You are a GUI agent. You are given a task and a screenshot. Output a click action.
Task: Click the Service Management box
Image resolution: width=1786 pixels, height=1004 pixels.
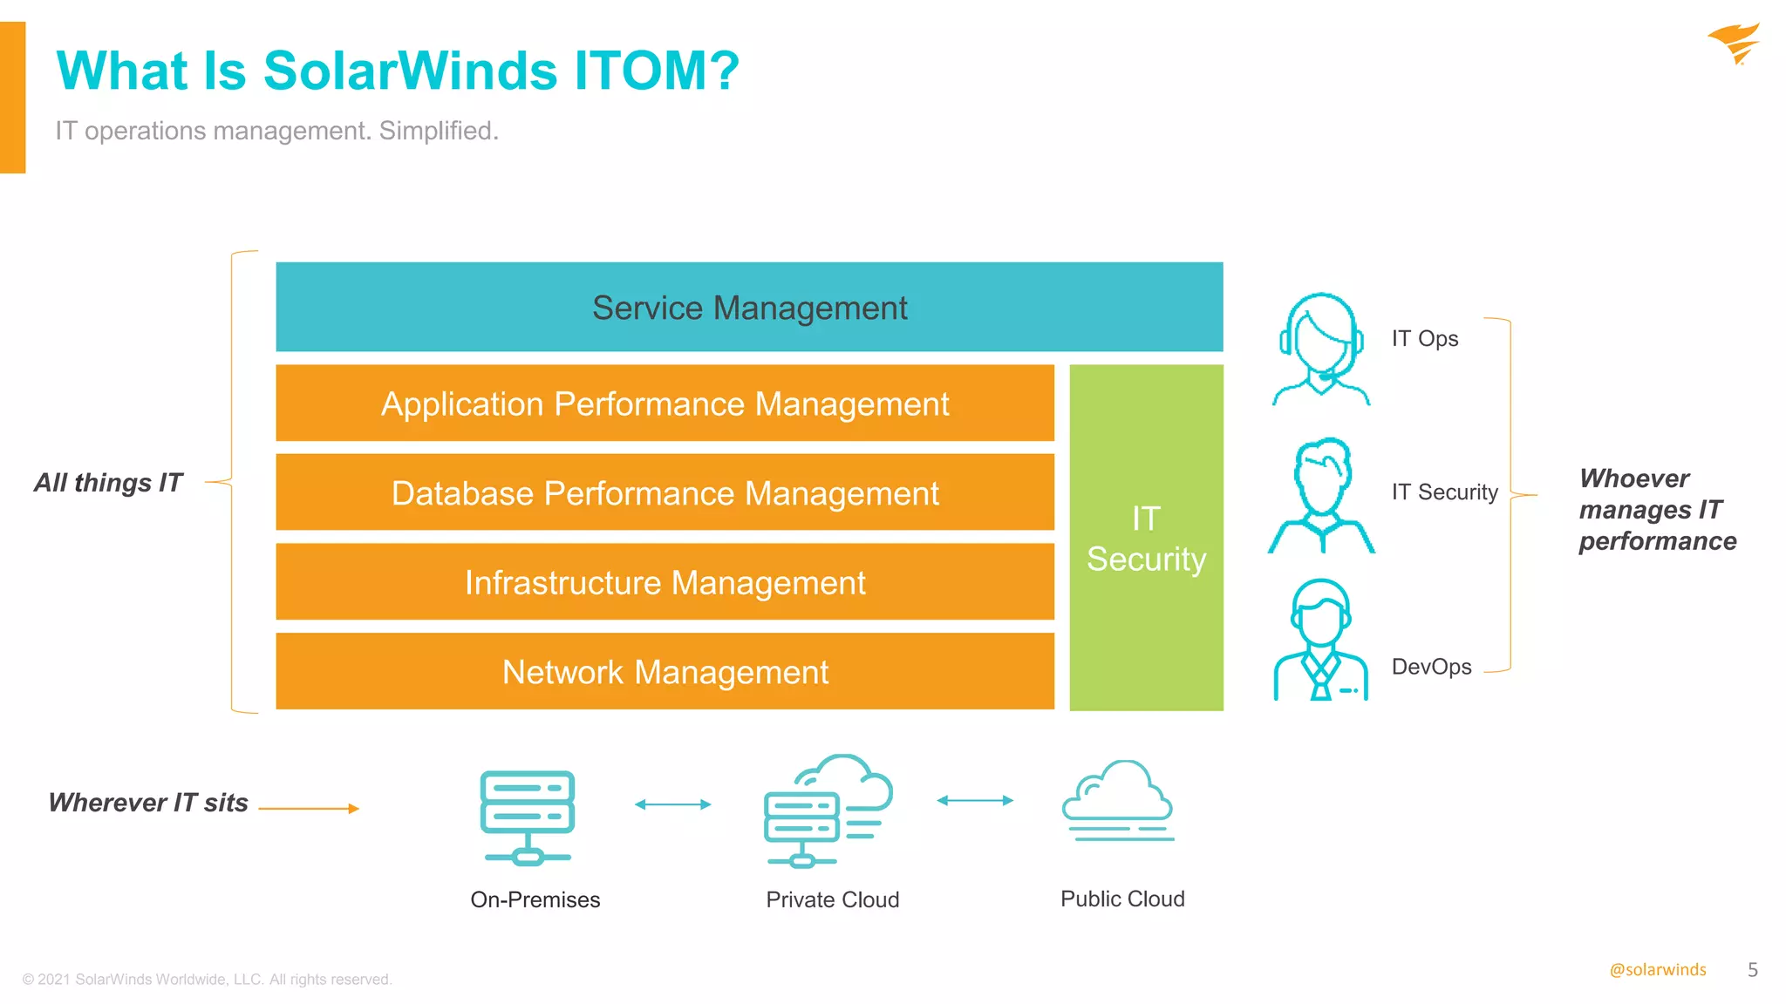pos(749,307)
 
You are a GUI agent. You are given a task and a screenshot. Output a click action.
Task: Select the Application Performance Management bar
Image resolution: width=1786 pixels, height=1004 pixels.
pos(665,404)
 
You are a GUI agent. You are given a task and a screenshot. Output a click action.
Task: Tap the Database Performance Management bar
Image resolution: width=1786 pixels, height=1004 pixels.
pos(665,492)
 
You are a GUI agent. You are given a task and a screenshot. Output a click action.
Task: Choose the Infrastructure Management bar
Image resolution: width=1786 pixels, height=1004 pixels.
pos(665,582)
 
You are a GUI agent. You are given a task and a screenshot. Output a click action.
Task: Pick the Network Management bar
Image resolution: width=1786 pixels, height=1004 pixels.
pos(665,672)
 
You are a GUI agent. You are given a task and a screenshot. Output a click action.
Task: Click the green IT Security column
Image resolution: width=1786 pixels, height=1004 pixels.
pos(1146,538)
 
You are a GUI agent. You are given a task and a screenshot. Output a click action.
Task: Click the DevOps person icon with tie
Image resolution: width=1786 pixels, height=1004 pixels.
pos(1320,640)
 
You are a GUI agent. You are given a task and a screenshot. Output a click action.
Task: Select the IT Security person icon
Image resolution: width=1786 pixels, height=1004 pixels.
pos(1321,495)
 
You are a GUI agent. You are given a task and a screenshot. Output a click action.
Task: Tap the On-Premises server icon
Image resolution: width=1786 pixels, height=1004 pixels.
pos(528,817)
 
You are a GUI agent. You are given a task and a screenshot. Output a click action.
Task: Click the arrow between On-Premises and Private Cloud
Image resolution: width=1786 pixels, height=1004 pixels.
pos(672,804)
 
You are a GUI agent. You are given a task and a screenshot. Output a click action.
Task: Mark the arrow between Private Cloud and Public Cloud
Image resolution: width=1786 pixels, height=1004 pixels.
pos(974,800)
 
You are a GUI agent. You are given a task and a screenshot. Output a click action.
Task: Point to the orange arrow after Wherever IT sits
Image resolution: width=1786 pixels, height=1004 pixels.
pos(309,809)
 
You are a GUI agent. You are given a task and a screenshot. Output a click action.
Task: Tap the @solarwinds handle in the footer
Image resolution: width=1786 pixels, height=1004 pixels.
pos(1657,970)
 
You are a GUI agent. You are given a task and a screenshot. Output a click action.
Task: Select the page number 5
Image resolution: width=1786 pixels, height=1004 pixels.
pos(1752,970)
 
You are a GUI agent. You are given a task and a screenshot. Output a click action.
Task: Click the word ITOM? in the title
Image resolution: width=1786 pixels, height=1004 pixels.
pos(656,71)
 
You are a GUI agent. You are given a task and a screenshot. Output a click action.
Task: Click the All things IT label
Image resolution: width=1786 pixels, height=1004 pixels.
pos(108,482)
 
